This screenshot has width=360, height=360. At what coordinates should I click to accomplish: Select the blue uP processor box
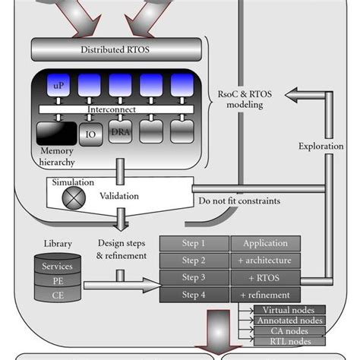point(58,85)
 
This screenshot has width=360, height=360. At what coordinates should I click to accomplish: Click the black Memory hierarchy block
point(55,134)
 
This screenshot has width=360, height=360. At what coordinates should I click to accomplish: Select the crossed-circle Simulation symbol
point(74,197)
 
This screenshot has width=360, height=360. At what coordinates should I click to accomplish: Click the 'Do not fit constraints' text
point(238,201)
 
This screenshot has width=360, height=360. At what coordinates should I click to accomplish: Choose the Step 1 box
point(193,244)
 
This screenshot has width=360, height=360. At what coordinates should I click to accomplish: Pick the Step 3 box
point(193,277)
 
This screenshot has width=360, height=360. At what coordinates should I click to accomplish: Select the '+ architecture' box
point(265,261)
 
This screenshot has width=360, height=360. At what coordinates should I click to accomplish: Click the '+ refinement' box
point(265,294)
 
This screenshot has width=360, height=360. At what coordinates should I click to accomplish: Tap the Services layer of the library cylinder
point(58,266)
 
